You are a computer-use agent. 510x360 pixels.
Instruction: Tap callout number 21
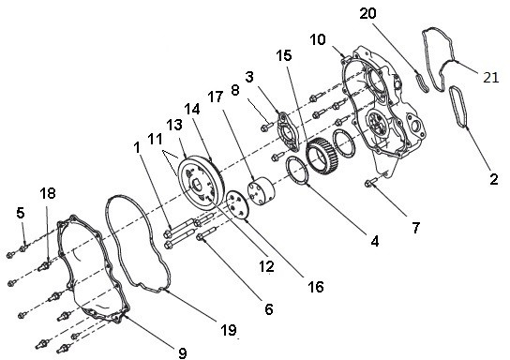click(x=491, y=78)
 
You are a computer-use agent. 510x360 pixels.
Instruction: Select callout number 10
click(x=318, y=40)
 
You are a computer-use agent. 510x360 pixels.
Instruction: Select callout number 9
click(x=181, y=352)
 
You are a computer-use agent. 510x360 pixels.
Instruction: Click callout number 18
click(x=47, y=192)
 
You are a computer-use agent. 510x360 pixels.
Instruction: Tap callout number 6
click(x=268, y=308)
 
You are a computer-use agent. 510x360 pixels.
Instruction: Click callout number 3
click(x=249, y=75)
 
